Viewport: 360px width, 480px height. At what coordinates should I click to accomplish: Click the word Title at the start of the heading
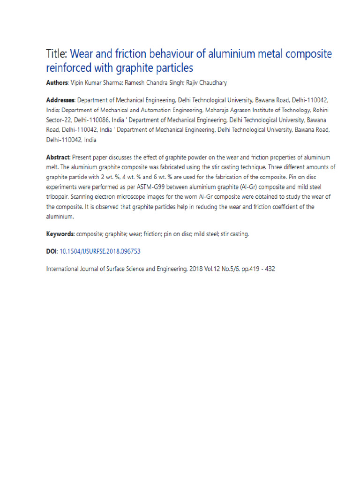[x=57, y=53]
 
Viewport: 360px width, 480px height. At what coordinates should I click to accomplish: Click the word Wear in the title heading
[x=85, y=53]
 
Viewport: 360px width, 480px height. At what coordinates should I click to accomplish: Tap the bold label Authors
[x=57, y=83]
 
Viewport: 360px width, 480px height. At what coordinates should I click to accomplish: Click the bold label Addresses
[x=60, y=100]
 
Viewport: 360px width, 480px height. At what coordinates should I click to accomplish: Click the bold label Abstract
[x=58, y=157]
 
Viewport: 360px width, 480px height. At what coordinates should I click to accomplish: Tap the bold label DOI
[x=51, y=252]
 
